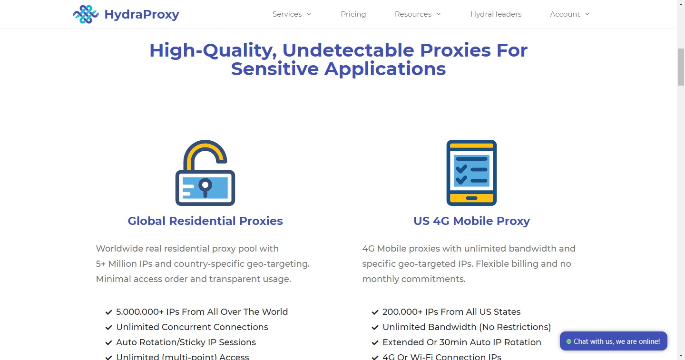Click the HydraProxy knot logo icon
pyautogui.click(x=86, y=14)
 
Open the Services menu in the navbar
pyautogui.click(x=292, y=14)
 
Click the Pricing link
pyautogui.click(x=353, y=14)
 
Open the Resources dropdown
pyautogui.click(x=418, y=14)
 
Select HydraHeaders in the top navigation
pyautogui.click(x=496, y=14)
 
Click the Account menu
pyautogui.click(x=569, y=14)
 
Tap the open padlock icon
pyautogui.click(x=205, y=173)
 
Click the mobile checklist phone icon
pyautogui.click(x=471, y=173)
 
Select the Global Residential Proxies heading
pyautogui.click(x=205, y=221)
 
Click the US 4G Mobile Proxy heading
pyautogui.click(x=471, y=221)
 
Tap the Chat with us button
pyautogui.click(x=614, y=341)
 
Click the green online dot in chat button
pyautogui.click(x=569, y=341)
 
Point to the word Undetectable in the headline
pyautogui.click(x=348, y=50)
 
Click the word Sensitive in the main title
pyautogui.click(x=274, y=69)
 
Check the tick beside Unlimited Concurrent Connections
pyautogui.click(x=108, y=328)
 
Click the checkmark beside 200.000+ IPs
pyautogui.click(x=375, y=312)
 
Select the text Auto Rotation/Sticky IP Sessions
pyautogui.click(x=186, y=342)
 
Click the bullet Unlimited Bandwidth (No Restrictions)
pyautogui.click(x=467, y=327)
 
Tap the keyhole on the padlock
pyautogui.click(x=205, y=187)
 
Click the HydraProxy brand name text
pyautogui.click(x=142, y=14)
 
